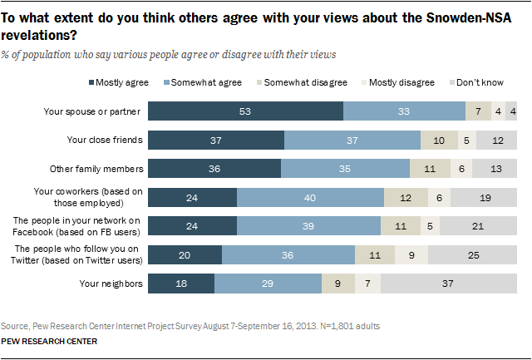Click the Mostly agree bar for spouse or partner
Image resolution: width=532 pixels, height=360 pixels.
[x=245, y=111]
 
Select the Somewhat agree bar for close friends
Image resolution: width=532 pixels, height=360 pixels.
[x=352, y=140]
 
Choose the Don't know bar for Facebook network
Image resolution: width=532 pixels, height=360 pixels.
[x=478, y=226]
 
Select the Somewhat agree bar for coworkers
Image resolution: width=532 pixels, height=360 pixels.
[x=310, y=197]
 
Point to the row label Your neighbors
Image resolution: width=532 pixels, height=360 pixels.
[x=112, y=284]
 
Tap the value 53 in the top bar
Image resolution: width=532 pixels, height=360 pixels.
[x=246, y=111]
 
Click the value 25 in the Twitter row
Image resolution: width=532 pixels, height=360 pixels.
[x=473, y=254]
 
